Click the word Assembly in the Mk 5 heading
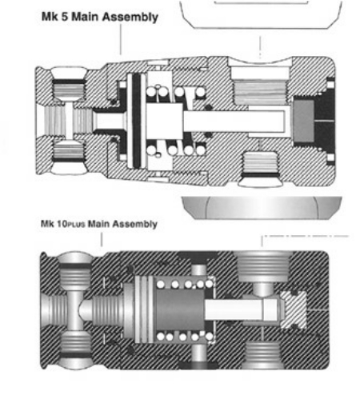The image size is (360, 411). click(130, 17)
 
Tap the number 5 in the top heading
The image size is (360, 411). click(65, 17)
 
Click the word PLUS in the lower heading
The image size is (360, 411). click(76, 225)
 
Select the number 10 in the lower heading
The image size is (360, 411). click(62, 224)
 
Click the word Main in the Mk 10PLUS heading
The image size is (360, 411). click(98, 224)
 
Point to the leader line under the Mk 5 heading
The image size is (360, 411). click(121, 39)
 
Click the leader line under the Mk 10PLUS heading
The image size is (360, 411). click(102, 239)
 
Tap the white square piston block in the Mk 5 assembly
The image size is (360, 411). click(165, 122)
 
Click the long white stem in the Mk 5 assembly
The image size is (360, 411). click(234, 122)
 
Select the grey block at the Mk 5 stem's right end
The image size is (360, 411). click(303, 122)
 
